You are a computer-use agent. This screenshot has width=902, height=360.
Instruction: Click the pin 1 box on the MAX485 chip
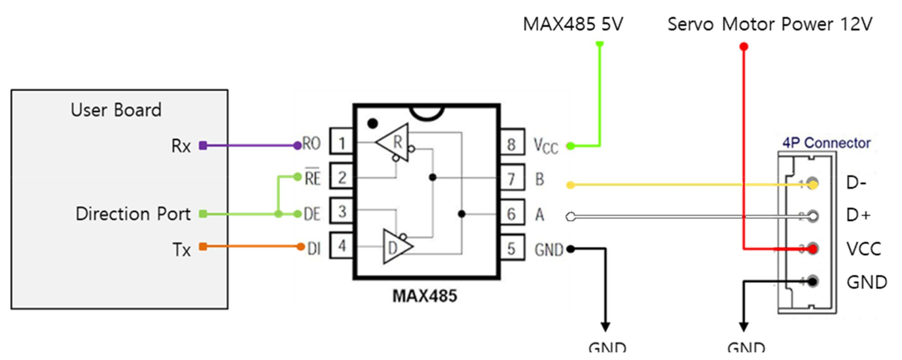click(342, 143)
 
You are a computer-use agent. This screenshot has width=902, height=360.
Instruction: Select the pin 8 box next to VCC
click(512, 143)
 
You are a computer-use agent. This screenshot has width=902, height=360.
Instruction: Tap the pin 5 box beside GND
click(512, 249)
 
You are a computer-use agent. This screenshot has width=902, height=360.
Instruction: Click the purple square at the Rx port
click(203, 146)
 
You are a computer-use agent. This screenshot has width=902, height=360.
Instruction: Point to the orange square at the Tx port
click(203, 247)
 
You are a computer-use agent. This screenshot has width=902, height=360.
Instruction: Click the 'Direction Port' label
click(133, 214)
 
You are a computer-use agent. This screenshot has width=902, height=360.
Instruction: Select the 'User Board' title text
click(116, 109)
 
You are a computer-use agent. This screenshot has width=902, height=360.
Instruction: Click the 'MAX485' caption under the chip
click(425, 295)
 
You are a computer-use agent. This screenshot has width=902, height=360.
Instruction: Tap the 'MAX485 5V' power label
click(573, 24)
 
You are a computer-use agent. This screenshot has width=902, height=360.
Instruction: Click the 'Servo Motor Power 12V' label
click(770, 24)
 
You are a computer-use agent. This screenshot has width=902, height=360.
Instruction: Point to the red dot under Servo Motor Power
click(743, 46)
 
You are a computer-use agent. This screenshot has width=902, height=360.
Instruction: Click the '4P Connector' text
click(827, 143)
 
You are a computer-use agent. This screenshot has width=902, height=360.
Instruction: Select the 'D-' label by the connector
click(857, 183)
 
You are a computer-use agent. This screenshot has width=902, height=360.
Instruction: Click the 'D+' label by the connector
click(858, 215)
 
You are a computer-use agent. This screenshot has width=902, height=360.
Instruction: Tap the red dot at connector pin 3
click(813, 249)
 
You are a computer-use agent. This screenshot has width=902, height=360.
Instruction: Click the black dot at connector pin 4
click(813, 281)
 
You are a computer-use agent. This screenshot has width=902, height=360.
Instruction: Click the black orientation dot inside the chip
click(372, 122)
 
